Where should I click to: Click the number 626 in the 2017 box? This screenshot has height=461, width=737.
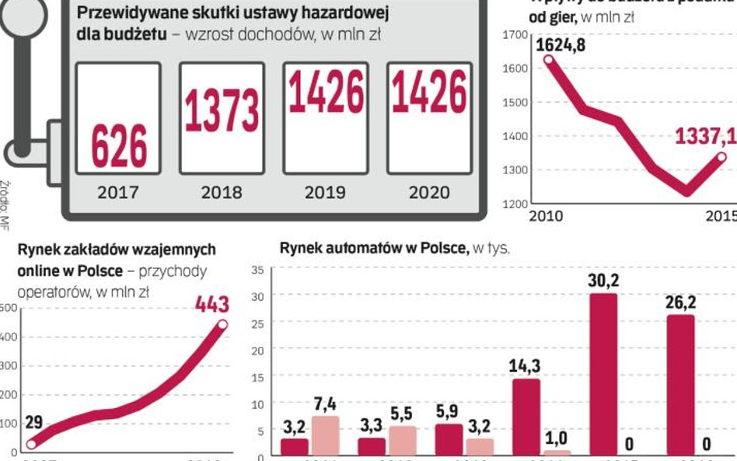(x=118, y=145)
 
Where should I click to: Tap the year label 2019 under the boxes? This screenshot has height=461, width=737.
(x=325, y=192)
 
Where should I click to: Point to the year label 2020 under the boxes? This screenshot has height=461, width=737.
(x=428, y=192)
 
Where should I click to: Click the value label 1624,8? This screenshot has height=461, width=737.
(x=561, y=45)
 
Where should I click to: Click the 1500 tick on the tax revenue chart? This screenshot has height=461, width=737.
(x=515, y=102)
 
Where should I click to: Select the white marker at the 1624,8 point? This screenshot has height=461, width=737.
(x=549, y=59)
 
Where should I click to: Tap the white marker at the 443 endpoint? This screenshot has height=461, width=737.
(x=223, y=324)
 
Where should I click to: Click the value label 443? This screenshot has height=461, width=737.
(x=211, y=304)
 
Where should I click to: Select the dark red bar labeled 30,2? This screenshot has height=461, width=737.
(x=604, y=373)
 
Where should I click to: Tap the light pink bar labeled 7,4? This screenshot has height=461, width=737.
(x=326, y=435)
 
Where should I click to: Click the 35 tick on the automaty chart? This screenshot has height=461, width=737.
(x=258, y=271)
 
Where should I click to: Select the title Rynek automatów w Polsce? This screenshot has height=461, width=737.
(x=373, y=248)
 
